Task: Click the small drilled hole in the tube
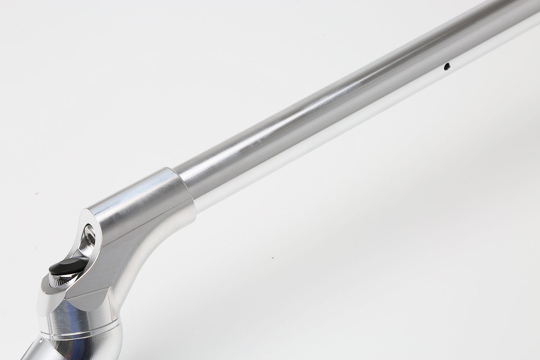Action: click(447, 66)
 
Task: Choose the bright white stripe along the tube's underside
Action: click(324, 137)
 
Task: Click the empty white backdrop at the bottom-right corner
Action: click(504, 335)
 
